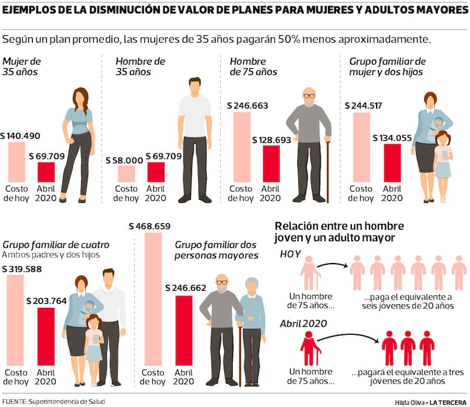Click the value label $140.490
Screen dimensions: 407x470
tap(21, 136)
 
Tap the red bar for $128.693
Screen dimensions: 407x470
tap(271, 164)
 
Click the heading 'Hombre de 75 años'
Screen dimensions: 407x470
tap(246, 66)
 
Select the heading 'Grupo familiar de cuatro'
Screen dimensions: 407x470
tap(56, 244)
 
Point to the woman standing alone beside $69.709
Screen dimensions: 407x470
tap(78, 144)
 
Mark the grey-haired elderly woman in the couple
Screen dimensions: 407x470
tap(251, 329)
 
